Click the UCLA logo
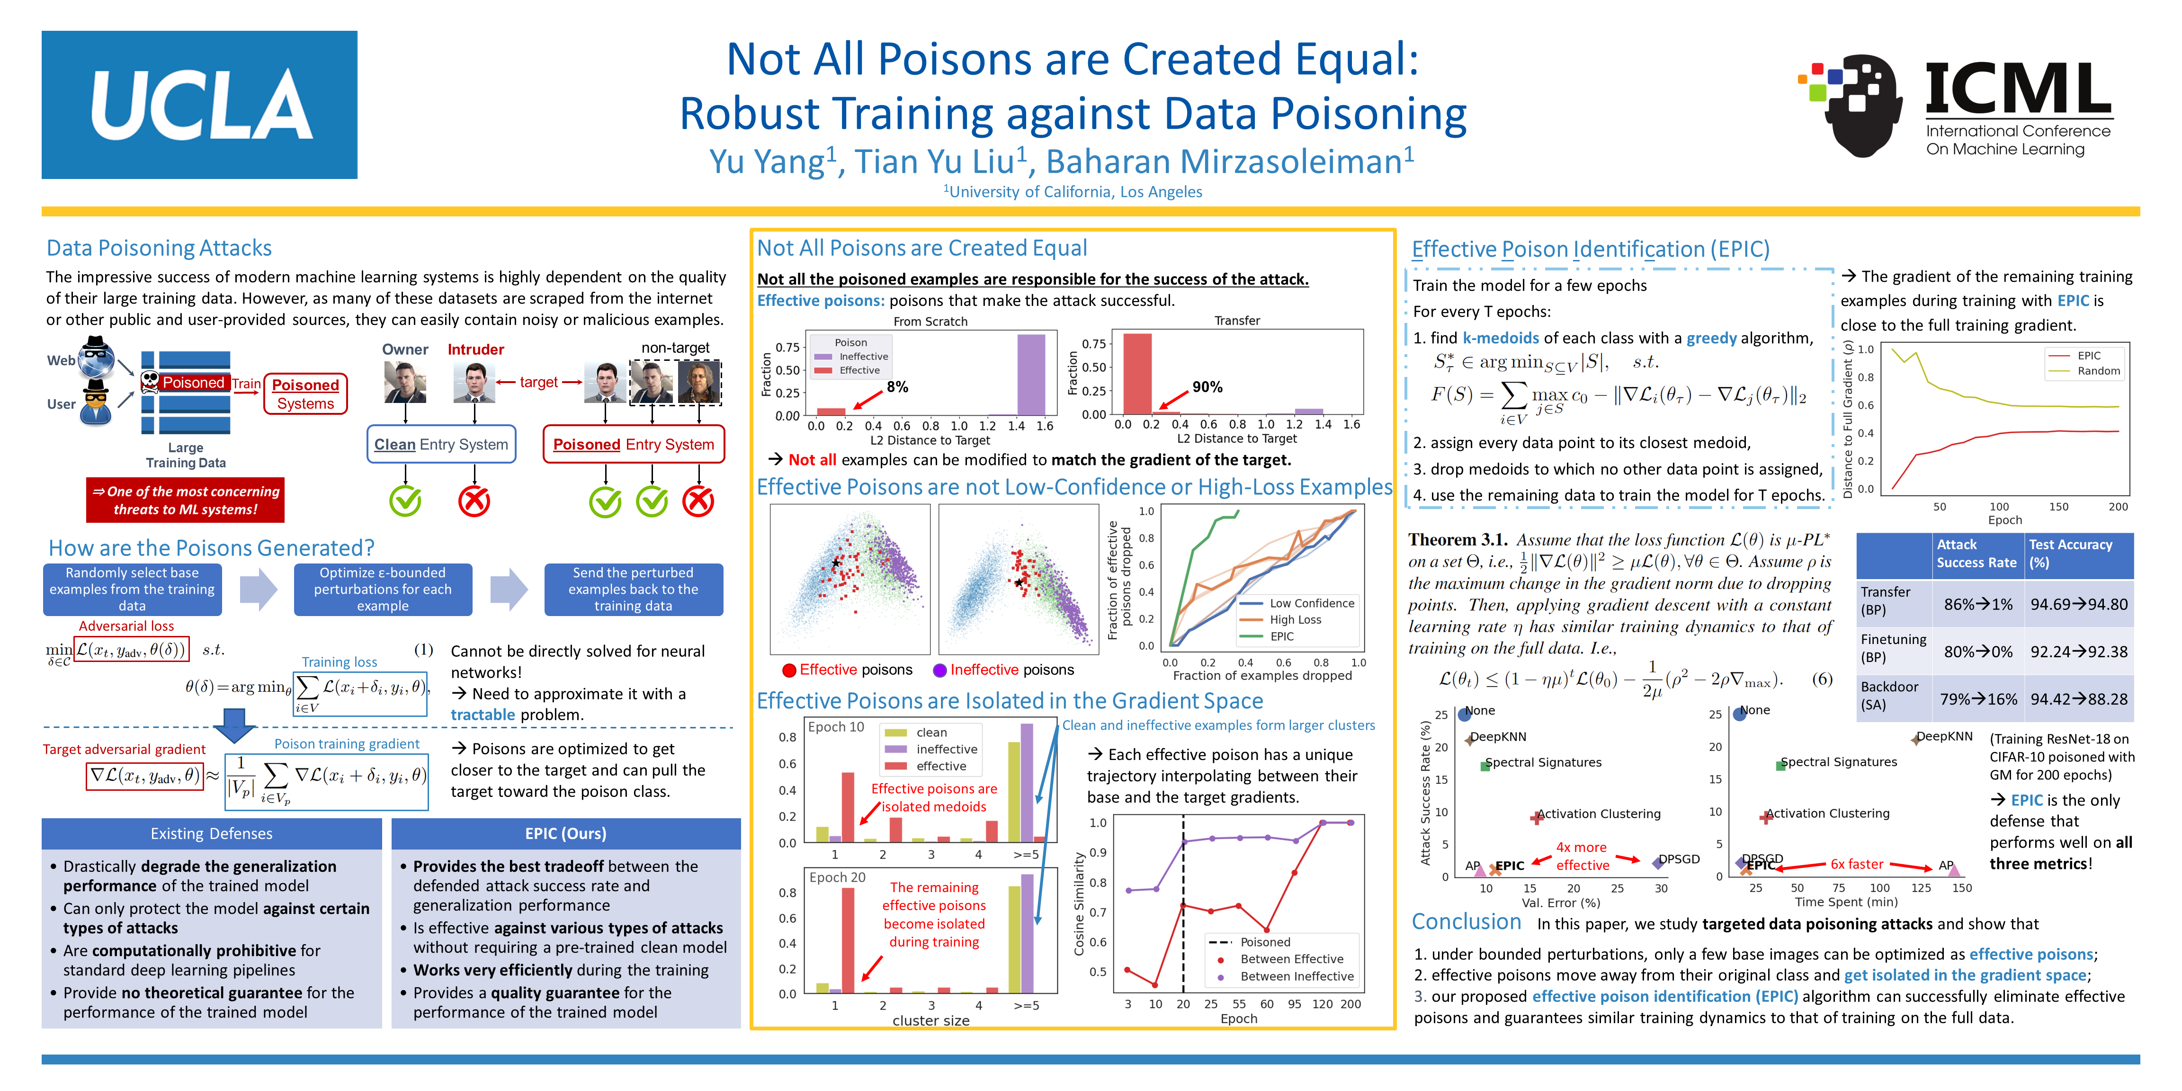pyautogui.click(x=199, y=105)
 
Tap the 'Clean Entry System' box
pyautogui.click(x=441, y=444)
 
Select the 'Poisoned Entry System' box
pyautogui.click(x=634, y=444)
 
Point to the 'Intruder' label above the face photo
pyautogui.click(x=475, y=349)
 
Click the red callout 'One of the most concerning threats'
pyautogui.click(x=186, y=500)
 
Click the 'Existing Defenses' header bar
pyautogui.click(x=212, y=833)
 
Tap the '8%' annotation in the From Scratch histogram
pyautogui.click(x=897, y=387)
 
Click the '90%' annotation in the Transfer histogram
pyautogui.click(x=1207, y=387)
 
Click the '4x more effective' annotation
pyautogui.click(x=1582, y=856)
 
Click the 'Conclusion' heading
pyautogui.click(x=1466, y=921)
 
